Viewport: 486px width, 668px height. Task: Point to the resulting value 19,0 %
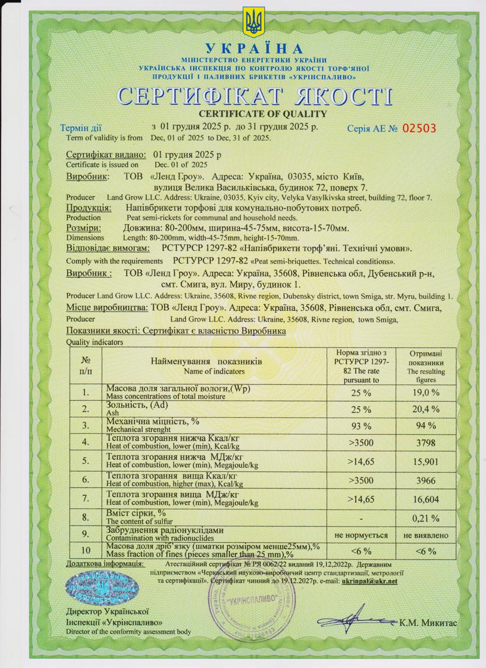426,392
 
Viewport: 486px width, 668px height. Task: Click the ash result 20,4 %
426,409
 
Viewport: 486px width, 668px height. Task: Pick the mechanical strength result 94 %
426,426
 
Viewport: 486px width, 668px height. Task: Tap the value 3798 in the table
426,443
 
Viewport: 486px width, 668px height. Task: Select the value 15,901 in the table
426,461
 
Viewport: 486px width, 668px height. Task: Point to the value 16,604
426,499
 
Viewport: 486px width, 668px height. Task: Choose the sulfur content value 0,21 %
426,518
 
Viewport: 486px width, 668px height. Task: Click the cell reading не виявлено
426,535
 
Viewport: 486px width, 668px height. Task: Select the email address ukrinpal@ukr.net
369,581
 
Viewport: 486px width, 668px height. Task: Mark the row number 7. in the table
85,499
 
